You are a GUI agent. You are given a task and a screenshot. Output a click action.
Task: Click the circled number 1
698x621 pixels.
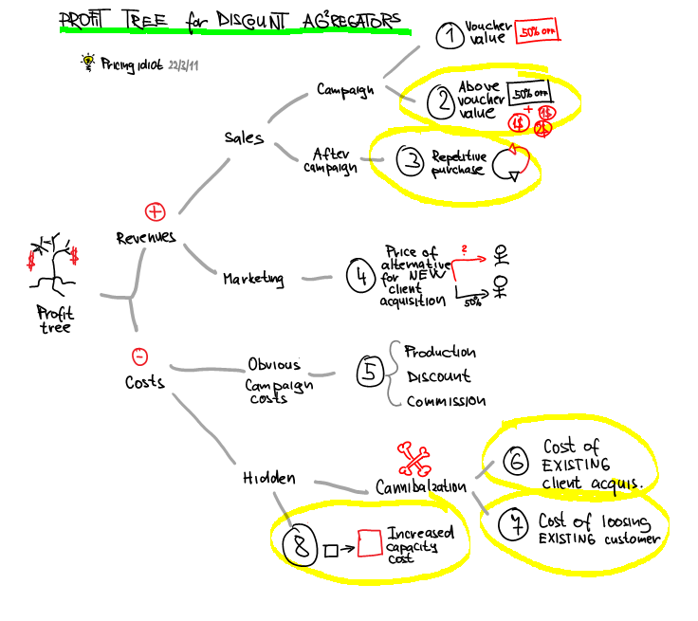[x=448, y=37]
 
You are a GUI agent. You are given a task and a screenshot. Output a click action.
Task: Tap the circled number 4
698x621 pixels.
[x=360, y=277]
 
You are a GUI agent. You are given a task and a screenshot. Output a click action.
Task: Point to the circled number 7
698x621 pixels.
[x=513, y=523]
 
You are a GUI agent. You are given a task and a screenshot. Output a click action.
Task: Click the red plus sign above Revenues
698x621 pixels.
[x=155, y=210]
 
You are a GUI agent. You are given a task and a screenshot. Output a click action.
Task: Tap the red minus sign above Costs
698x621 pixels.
[x=139, y=356]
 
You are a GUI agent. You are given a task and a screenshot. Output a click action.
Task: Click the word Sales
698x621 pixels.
[x=244, y=137]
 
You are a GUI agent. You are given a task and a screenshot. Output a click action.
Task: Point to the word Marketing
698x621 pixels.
[x=253, y=279]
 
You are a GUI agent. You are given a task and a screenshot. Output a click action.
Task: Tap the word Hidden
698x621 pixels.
[x=268, y=480]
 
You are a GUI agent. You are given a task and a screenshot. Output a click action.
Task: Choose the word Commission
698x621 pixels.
[x=446, y=401]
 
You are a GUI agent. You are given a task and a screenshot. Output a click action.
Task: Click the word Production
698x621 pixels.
[x=440, y=353]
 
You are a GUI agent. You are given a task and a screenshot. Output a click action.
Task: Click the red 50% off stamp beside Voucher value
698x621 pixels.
[x=537, y=35]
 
